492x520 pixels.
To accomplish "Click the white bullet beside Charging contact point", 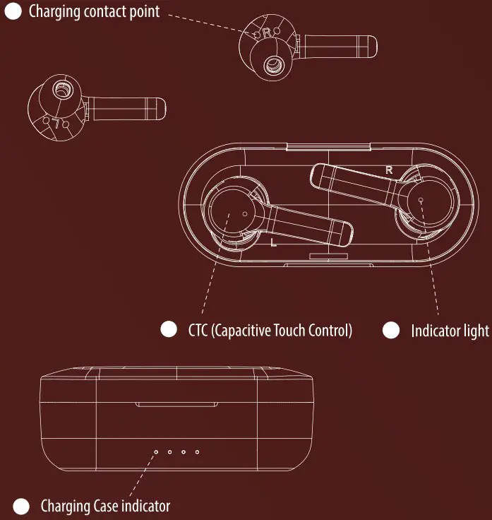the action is pyautogui.click(x=13, y=11).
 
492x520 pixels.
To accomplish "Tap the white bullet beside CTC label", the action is pyautogui.click(x=169, y=329).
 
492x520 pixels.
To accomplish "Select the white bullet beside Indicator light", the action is pyautogui.click(x=391, y=331).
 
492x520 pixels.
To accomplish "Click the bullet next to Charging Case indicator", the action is pyautogui.click(x=21, y=507).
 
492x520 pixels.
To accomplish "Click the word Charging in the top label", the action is pyautogui.click(x=54, y=11).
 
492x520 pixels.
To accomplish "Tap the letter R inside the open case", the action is pyautogui.click(x=389, y=170).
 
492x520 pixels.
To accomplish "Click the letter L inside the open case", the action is pyautogui.click(x=273, y=242).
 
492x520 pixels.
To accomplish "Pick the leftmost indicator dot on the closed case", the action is pyautogui.click(x=156, y=451).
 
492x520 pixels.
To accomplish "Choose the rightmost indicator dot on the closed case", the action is pyautogui.click(x=198, y=451).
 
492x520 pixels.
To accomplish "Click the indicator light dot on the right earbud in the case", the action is pyautogui.click(x=421, y=200).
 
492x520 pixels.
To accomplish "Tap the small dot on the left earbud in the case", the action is pyautogui.click(x=245, y=214).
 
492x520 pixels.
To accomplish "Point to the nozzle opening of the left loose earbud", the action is pyautogui.click(x=61, y=89).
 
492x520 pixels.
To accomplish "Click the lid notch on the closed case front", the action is pyautogui.click(x=177, y=405).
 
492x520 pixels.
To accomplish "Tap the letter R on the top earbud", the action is pyautogui.click(x=267, y=32).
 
